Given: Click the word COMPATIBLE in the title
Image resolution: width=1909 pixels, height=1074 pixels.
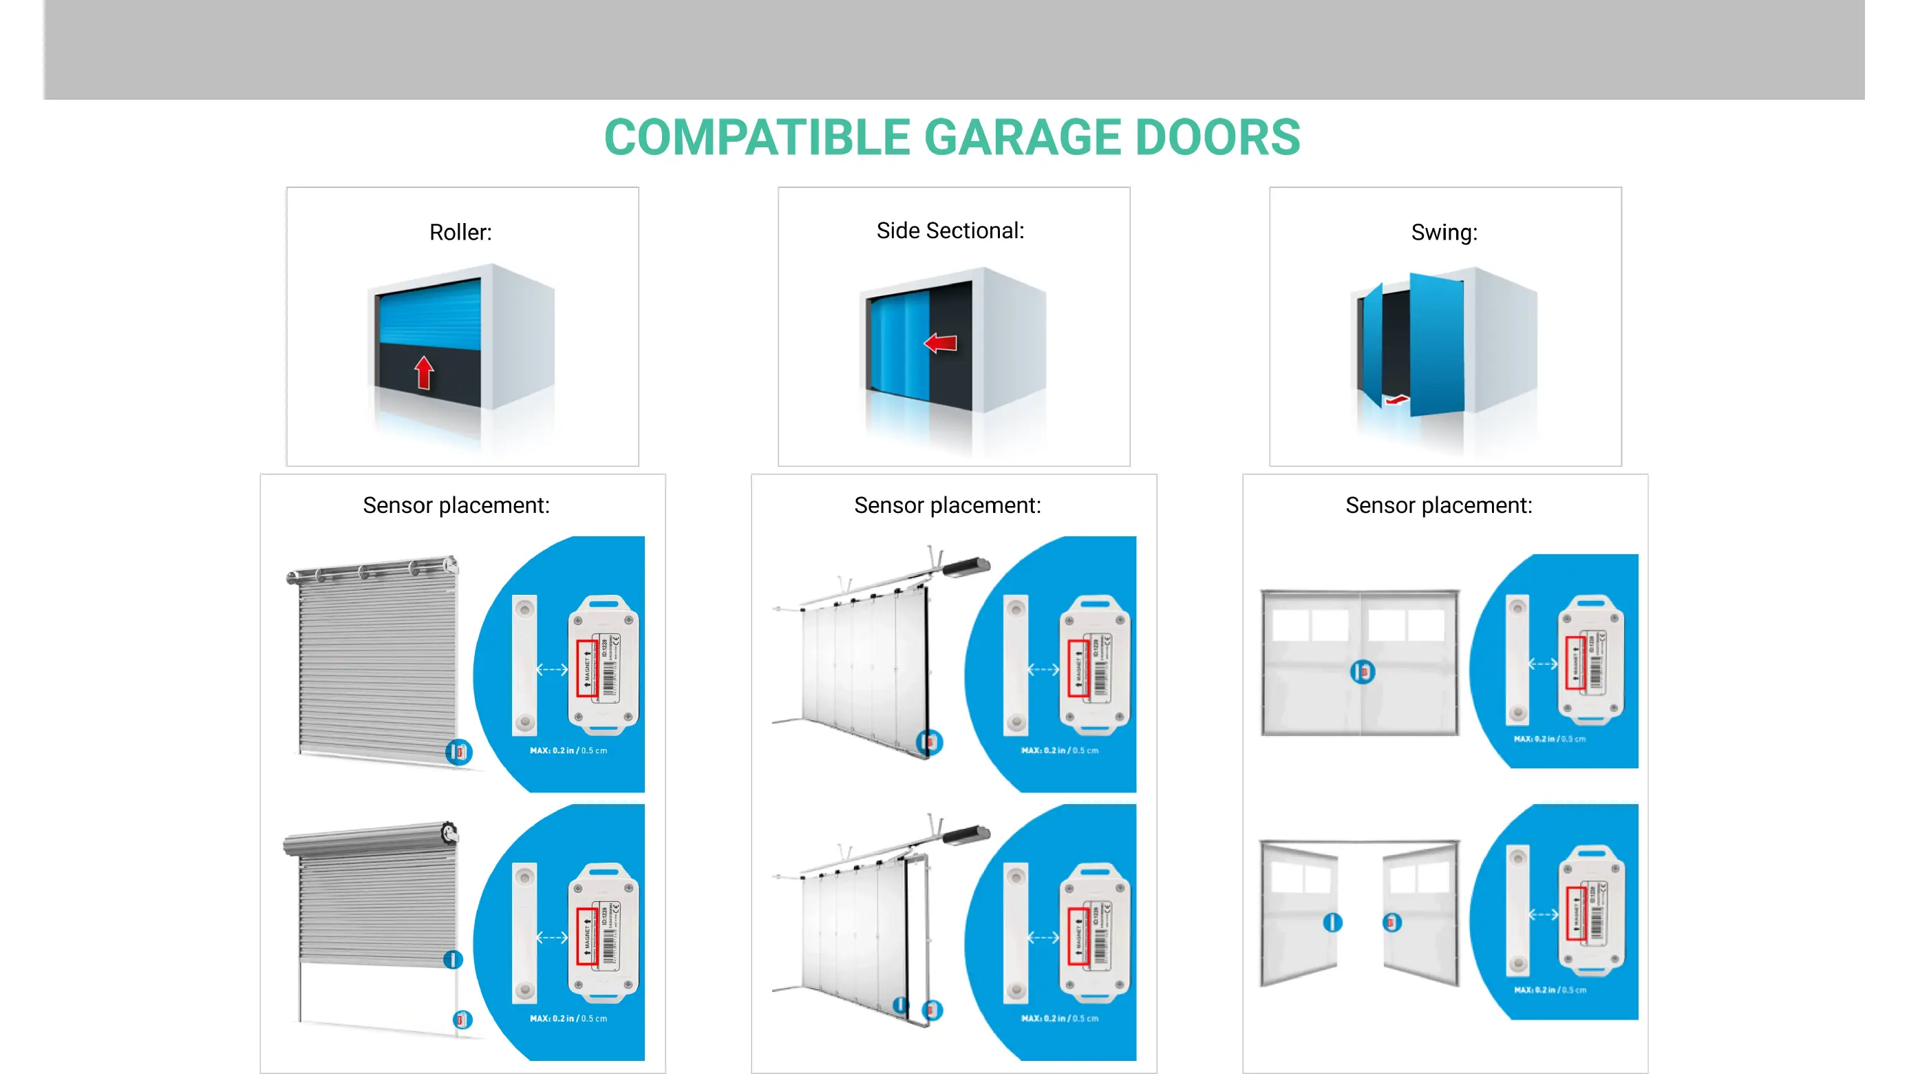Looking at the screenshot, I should point(756,138).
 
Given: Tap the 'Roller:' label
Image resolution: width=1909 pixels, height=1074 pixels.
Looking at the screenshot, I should point(460,233).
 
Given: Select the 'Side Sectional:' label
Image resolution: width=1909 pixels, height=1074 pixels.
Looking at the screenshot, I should point(950,231).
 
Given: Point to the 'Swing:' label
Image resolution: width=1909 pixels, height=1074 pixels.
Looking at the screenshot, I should point(1444,233).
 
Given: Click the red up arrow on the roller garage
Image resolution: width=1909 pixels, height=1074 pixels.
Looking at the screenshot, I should point(424,372).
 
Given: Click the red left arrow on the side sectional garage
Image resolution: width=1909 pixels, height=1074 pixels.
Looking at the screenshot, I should point(941,342).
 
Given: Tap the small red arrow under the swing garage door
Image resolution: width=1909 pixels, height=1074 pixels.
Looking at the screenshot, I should point(1396,400).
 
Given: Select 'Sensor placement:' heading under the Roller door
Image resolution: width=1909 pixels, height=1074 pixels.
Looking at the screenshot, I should point(456,505).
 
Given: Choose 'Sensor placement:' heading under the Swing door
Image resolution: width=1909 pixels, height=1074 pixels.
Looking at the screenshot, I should point(1438,505).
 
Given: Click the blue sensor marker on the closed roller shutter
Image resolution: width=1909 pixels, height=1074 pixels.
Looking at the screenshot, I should point(459,752).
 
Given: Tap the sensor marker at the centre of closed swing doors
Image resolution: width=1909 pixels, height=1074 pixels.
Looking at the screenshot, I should point(1362,671).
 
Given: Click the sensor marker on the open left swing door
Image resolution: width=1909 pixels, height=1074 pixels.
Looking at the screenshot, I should point(1332,922).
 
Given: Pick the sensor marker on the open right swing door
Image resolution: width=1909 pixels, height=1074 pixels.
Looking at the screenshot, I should point(1391,923).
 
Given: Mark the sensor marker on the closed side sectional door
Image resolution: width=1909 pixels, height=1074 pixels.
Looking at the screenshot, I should point(929,741).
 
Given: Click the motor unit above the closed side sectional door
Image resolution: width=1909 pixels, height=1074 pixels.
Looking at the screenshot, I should point(966,568).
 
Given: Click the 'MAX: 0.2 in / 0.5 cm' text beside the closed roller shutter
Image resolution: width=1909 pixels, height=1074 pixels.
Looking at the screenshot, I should point(568,751).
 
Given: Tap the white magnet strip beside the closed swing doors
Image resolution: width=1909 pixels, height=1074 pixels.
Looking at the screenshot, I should point(1517,660).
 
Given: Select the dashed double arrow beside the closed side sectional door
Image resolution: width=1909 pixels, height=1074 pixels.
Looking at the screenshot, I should point(1043,670).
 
